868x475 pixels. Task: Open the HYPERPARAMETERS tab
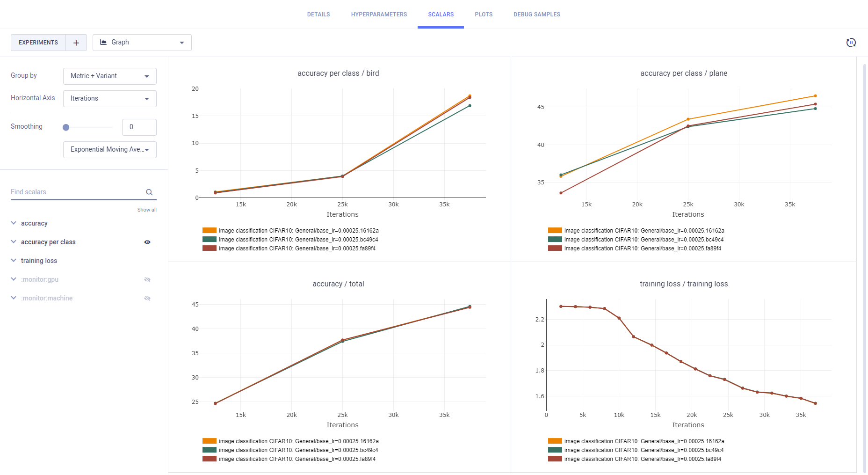click(x=379, y=15)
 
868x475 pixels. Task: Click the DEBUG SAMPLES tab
click(x=536, y=15)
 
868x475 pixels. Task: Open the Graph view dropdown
click(x=142, y=43)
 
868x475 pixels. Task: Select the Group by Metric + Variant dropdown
click(x=109, y=76)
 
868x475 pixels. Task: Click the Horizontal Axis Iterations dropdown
click(x=109, y=99)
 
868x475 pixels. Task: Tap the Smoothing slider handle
click(x=66, y=127)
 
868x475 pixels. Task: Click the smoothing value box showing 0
click(x=139, y=127)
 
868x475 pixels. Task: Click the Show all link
click(x=147, y=210)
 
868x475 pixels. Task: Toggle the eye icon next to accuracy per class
click(x=147, y=242)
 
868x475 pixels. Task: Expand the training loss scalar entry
click(x=39, y=261)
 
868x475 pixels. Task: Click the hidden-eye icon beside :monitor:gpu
click(x=147, y=280)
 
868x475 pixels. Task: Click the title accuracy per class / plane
click(x=683, y=73)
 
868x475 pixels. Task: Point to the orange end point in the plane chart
click(x=815, y=96)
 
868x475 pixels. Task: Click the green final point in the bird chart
click(x=470, y=106)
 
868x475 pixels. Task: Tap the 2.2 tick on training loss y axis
click(x=540, y=320)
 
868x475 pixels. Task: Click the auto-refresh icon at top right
click(x=851, y=43)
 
